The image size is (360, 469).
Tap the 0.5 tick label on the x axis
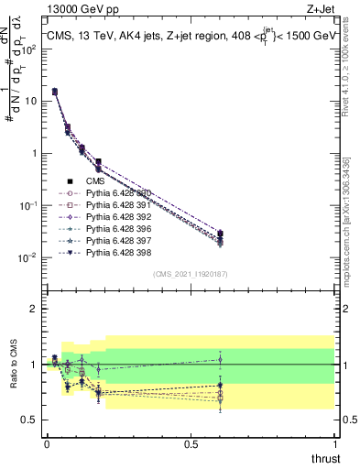coord(191,445)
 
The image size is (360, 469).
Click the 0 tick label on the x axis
coord(46,445)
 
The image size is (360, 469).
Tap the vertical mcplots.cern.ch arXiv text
coord(352,211)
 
